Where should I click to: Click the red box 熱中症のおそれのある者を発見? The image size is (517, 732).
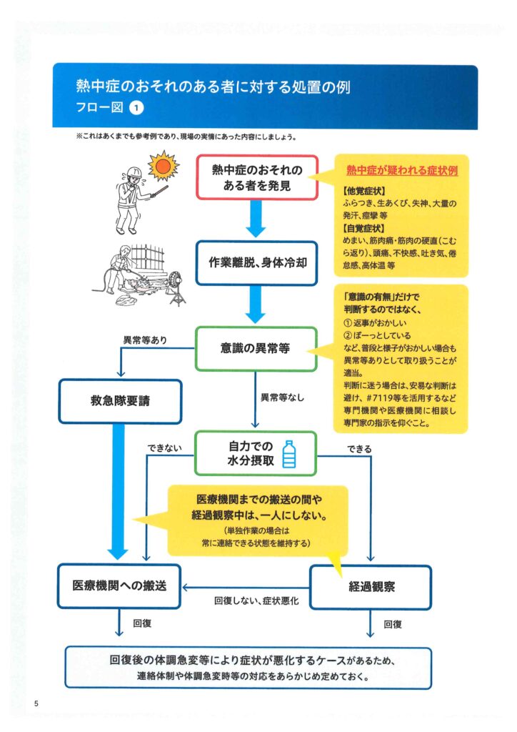[x=257, y=177]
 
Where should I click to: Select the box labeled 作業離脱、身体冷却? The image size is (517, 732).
[x=256, y=263]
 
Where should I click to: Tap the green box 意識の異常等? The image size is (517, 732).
[x=256, y=348]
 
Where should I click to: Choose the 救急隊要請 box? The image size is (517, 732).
[x=120, y=401]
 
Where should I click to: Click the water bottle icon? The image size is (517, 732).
[x=289, y=454]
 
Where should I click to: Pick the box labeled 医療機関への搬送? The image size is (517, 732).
[x=119, y=586]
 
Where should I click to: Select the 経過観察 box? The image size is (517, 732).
[x=371, y=588]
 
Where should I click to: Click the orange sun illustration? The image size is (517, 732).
[x=164, y=165]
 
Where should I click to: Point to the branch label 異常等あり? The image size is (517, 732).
[x=145, y=340]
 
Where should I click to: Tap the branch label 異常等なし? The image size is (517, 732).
[x=282, y=397]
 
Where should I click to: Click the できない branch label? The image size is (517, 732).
[x=164, y=448]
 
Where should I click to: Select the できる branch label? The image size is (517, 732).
[x=359, y=449]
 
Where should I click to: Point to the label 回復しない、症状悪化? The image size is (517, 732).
[x=256, y=600]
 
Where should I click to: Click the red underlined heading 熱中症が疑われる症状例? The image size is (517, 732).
[x=402, y=170]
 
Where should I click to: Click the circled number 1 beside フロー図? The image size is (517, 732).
[x=136, y=108]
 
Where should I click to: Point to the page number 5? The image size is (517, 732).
[x=36, y=703]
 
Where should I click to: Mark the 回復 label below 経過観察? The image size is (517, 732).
[x=393, y=624]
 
